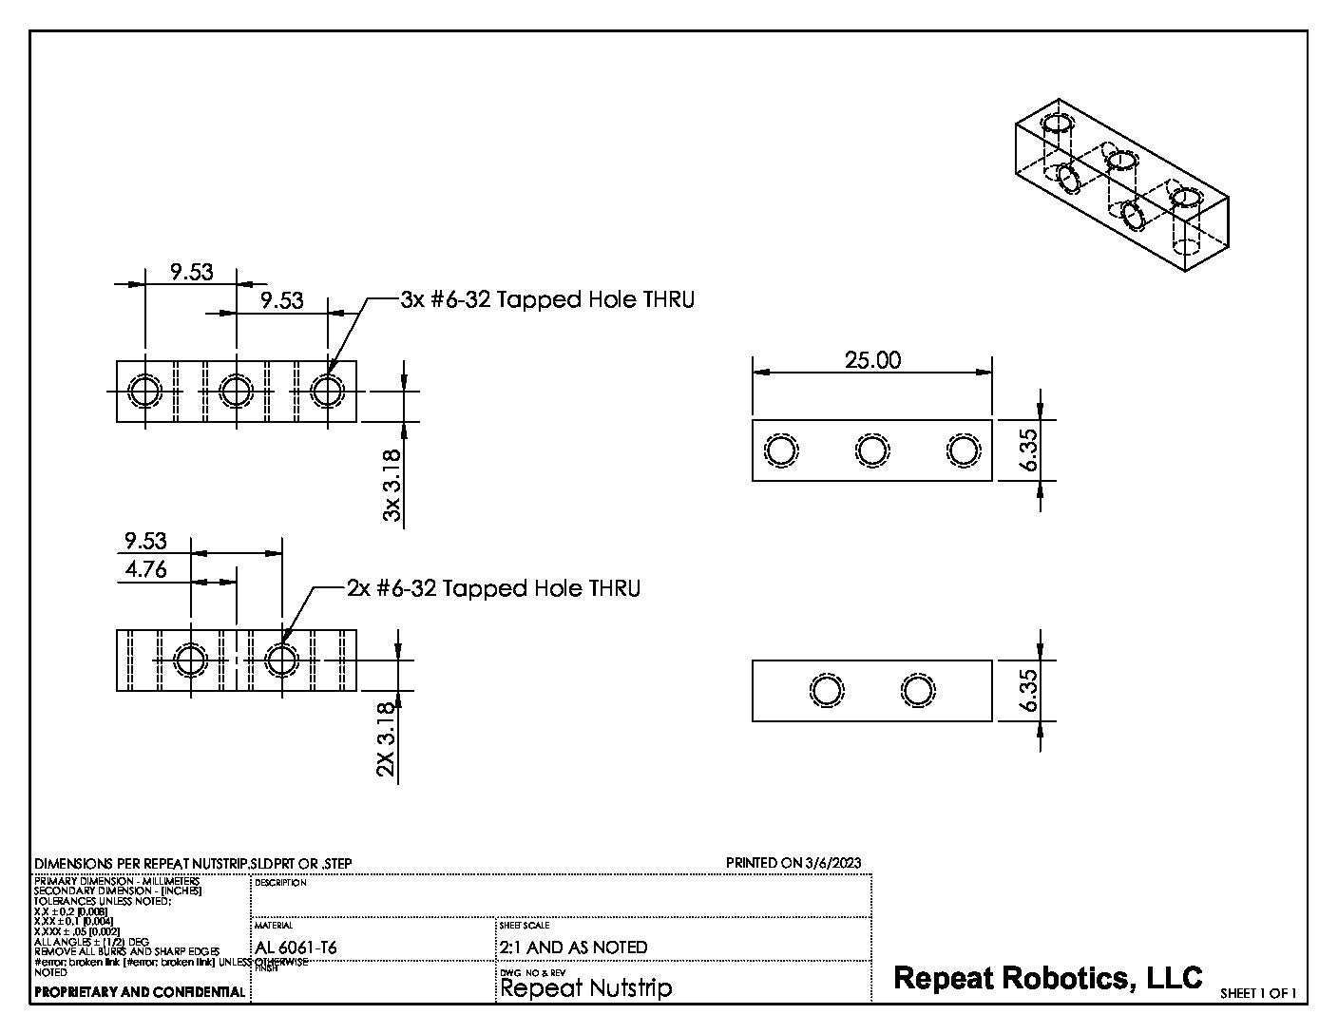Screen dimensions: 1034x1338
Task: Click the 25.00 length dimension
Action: coord(872,360)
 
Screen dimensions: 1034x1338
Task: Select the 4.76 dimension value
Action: coord(145,569)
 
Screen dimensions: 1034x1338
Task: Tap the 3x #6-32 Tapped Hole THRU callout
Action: coord(546,299)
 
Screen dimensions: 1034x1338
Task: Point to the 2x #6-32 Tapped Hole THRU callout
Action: coord(492,588)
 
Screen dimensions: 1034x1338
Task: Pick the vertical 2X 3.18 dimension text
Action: coord(386,739)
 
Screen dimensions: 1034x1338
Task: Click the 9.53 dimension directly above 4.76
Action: coord(145,541)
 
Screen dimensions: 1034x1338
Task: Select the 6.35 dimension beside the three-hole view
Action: coord(1027,450)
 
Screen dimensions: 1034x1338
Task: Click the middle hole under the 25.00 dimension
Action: coord(871,450)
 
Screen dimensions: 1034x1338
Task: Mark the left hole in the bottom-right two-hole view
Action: coord(826,690)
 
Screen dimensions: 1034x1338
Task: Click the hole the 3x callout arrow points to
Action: coord(328,391)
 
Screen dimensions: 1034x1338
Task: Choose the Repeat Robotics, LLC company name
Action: coord(1048,977)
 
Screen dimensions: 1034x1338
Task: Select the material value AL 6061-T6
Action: coord(296,948)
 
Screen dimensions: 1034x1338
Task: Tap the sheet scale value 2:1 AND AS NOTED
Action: coord(573,948)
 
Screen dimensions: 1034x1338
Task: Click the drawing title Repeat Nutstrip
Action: coord(585,988)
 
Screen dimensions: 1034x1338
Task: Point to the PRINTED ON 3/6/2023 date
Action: coord(793,863)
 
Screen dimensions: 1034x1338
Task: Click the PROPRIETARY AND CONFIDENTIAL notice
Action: coord(139,992)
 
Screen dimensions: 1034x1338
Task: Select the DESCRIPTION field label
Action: coord(280,883)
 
